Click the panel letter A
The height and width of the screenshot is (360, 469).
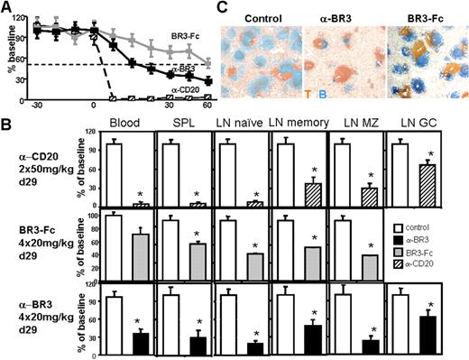tap(7, 7)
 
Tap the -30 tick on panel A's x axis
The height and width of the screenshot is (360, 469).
tap(37, 106)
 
